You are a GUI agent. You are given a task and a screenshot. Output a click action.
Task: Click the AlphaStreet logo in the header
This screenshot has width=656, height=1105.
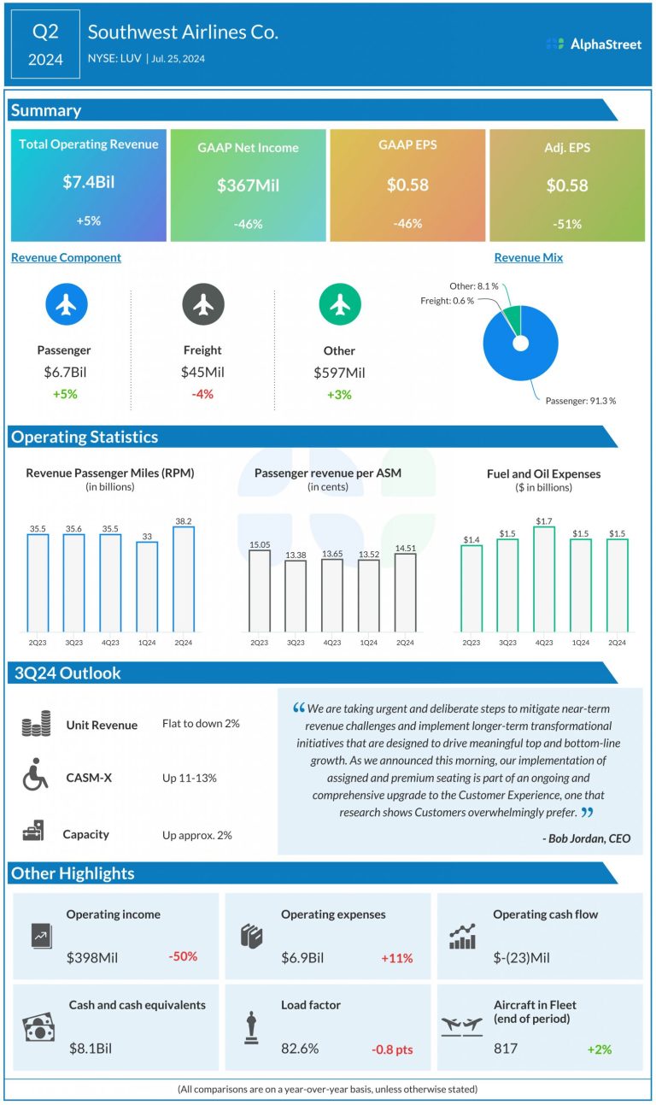coord(594,44)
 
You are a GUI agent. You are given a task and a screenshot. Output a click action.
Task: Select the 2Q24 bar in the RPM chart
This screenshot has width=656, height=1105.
coord(184,579)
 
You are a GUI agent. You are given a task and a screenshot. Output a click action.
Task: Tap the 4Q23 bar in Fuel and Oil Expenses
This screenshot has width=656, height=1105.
coord(544,579)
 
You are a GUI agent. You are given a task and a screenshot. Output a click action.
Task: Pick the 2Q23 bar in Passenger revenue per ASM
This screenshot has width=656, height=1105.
coord(260,591)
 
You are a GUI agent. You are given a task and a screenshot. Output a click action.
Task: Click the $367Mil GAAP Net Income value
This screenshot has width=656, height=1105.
coord(248,185)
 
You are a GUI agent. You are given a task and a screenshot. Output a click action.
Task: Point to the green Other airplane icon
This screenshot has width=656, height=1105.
coord(340,304)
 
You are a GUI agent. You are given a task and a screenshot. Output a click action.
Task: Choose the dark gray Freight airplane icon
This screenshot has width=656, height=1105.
coord(203,304)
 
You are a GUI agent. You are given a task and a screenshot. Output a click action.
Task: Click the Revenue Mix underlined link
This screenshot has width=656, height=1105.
coord(528,257)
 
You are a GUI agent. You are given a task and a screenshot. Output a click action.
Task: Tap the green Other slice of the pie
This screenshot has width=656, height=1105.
coord(514,319)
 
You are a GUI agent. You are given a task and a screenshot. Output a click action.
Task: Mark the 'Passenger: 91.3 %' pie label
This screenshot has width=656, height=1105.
coord(581,401)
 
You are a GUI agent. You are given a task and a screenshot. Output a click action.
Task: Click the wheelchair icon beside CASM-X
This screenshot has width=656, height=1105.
coord(35,774)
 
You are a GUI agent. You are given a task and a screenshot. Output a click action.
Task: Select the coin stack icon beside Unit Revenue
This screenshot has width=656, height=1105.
coord(36,724)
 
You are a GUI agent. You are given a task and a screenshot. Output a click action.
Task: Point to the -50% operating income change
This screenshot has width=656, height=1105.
coord(183,956)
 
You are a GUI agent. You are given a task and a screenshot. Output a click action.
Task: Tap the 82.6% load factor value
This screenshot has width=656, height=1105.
coord(300,1049)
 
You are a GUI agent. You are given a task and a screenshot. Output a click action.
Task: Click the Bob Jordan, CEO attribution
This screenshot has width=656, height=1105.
coord(587,838)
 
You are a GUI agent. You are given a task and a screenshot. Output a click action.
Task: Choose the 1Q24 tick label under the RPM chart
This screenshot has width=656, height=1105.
coord(147,643)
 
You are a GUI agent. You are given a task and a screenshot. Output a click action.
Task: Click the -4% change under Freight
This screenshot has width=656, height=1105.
coord(202,394)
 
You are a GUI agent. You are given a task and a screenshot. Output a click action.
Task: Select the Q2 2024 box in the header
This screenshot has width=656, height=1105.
coord(45,44)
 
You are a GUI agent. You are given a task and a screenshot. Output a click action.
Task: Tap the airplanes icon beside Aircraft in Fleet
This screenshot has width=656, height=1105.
coord(462,1026)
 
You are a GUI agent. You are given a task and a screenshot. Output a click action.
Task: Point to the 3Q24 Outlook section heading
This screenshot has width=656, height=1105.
coord(67,673)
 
